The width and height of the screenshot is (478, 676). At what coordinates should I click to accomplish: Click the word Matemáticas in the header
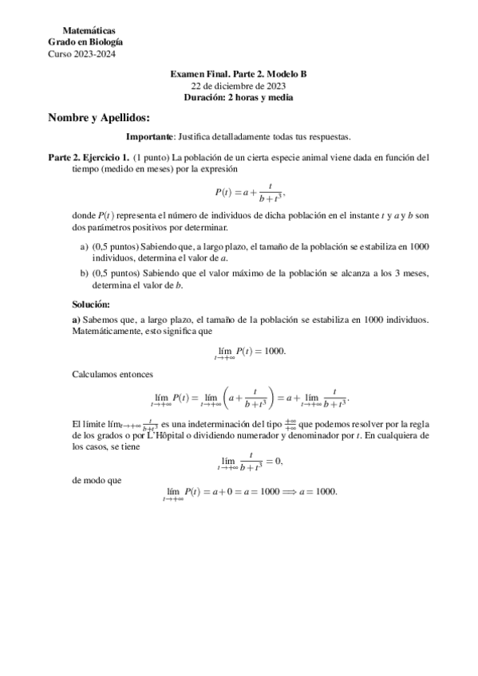tap(88, 30)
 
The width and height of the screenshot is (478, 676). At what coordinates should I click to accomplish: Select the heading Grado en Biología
tap(85, 42)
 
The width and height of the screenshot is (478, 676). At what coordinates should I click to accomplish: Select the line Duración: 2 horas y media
tap(239, 97)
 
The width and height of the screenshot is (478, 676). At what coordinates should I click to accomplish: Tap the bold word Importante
tap(150, 137)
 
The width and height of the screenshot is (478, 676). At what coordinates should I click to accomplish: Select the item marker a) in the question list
tap(85, 248)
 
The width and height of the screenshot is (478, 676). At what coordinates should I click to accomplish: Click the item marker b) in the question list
tap(85, 273)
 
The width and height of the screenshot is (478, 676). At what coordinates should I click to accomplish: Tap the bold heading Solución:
tap(91, 305)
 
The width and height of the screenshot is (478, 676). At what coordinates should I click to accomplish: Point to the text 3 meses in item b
tap(413, 273)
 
